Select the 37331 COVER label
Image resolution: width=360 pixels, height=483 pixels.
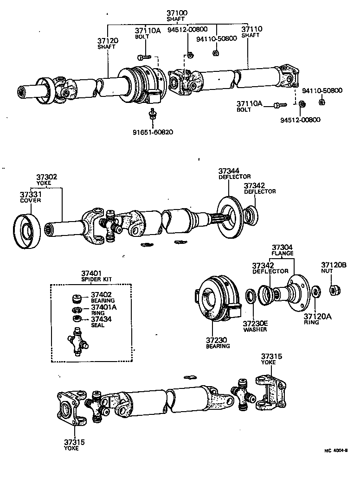[x=30, y=197]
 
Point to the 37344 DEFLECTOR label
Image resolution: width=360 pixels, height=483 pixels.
[x=234, y=174]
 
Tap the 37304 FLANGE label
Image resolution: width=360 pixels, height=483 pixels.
[x=283, y=250]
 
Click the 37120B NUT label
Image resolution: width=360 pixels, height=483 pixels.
[x=334, y=268]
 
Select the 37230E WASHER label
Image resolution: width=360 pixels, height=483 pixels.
[x=255, y=326]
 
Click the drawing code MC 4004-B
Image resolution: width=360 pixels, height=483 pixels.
[x=336, y=450]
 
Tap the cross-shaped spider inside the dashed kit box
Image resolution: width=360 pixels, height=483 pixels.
[x=77, y=343]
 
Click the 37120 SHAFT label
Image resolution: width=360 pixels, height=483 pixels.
[x=108, y=44]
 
